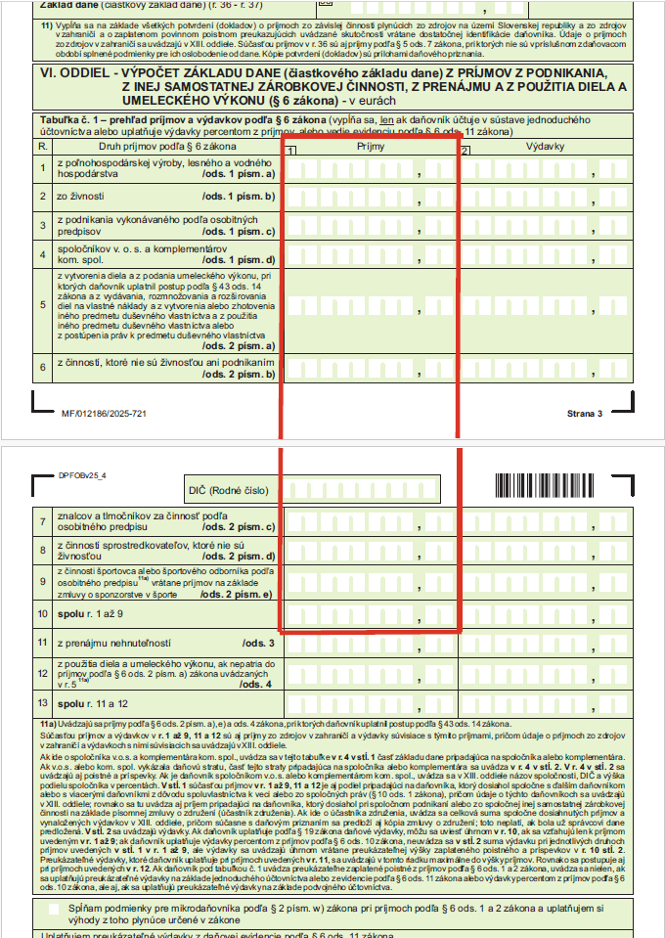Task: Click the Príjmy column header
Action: (x=372, y=146)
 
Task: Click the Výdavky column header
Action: (x=545, y=146)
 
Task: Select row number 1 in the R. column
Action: (x=43, y=168)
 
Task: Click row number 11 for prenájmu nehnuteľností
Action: (x=43, y=643)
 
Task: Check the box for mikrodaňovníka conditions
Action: (x=55, y=909)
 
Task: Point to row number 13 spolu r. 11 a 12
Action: (x=43, y=703)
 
